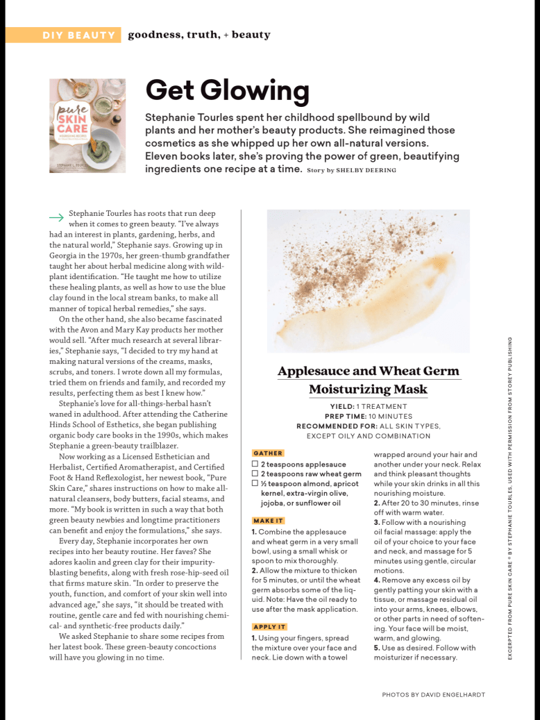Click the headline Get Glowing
pyautogui.click(x=226, y=90)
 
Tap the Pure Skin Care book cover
pyautogui.click(x=87, y=126)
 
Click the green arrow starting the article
pyautogui.click(x=56, y=217)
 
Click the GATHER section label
pyautogui.click(x=268, y=453)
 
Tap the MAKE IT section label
pyautogui.click(x=269, y=521)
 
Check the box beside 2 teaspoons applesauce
pyautogui.click(x=255, y=464)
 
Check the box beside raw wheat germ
pyautogui.click(x=255, y=474)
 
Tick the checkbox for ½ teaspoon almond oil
pyautogui.click(x=255, y=484)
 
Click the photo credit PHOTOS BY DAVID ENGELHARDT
pyautogui.click(x=433, y=694)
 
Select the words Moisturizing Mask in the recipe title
pyautogui.click(x=368, y=390)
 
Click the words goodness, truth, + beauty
pyautogui.click(x=199, y=35)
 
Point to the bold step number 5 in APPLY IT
pyautogui.click(x=376, y=648)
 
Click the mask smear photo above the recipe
pyautogui.click(x=368, y=281)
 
